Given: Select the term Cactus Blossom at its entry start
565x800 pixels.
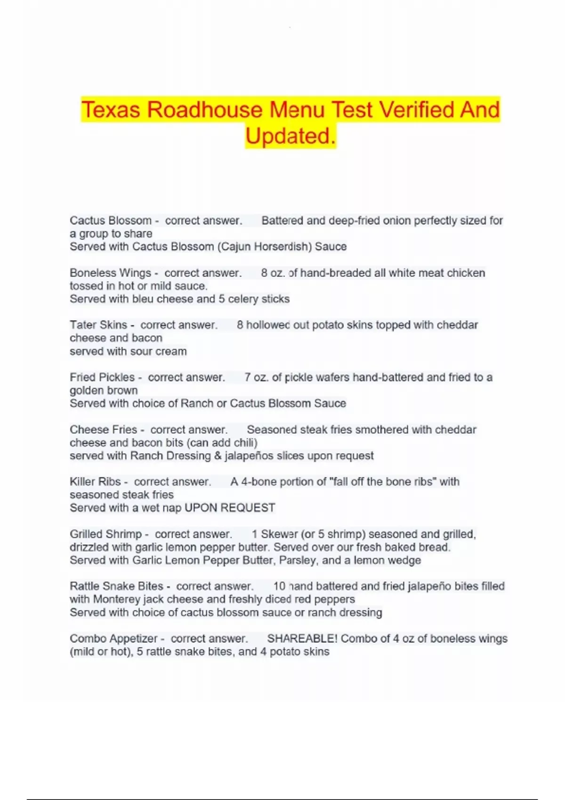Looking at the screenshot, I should (x=111, y=220).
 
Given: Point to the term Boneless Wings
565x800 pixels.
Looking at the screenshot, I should (x=110, y=273).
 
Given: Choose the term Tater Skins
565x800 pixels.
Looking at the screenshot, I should (x=98, y=325).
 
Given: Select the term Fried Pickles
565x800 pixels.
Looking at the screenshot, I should (x=102, y=377).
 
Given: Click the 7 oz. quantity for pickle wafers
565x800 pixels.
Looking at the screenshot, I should (x=257, y=377).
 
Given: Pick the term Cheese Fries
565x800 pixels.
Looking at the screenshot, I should (x=103, y=430).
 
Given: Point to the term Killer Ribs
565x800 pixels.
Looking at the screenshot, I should (x=95, y=482).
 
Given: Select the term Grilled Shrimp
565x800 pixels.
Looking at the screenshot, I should (x=105, y=534).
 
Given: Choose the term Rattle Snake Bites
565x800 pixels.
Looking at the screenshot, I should (x=116, y=586).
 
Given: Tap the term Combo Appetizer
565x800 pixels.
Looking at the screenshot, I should (x=113, y=639).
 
